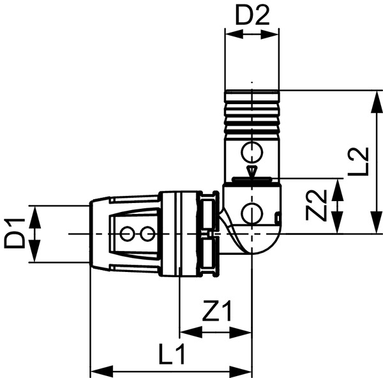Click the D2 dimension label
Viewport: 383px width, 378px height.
point(252,15)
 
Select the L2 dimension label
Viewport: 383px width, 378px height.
point(358,162)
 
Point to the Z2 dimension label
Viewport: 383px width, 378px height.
point(316,205)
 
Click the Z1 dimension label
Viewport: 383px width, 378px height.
point(216,310)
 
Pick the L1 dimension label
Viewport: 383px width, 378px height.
point(172,354)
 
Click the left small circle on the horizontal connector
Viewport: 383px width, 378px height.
point(127,234)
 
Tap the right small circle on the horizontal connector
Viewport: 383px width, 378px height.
point(147,234)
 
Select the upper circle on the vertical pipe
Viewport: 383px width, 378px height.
point(252,152)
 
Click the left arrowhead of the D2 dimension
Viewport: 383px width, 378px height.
point(234,34)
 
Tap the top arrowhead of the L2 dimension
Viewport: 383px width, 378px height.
point(376,102)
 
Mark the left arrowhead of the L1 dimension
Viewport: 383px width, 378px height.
point(101,371)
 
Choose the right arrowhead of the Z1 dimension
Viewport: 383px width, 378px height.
point(241,332)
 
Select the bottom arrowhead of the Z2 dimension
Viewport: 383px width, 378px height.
point(337,223)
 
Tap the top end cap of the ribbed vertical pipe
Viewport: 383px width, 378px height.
point(252,96)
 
